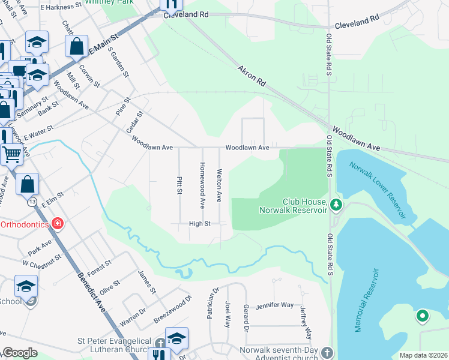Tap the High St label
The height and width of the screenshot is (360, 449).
[x=199, y=224]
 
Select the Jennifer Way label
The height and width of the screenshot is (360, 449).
[x=274, y=306]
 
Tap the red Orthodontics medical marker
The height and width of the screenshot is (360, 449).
[x=57, y=224]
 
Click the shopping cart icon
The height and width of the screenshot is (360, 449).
[x=11, y=154]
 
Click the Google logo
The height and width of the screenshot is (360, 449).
[x=20, y=353]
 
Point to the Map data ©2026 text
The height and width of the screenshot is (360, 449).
[x=423, y=355]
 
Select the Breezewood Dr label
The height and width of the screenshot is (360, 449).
[x=172, y=310]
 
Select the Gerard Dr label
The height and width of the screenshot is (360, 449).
[x=246, y=318]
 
